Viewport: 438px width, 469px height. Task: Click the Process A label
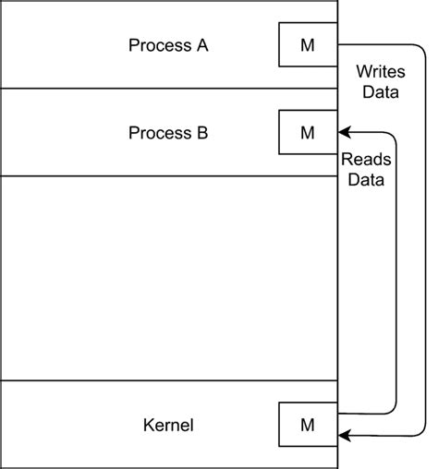point(167,44)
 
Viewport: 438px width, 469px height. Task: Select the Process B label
point(167,133)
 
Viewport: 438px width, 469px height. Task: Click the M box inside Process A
point(309,44)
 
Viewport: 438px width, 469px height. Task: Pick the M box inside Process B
point(309,132)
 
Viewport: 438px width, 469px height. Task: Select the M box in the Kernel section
point(309,425)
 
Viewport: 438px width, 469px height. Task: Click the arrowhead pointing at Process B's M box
point(346,132)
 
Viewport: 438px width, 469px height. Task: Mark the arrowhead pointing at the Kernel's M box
point(346,434)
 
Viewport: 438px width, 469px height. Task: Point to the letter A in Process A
point(201,44)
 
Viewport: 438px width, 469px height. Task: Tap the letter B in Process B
point(201,133)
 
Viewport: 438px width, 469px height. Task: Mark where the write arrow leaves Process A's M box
point(341,44)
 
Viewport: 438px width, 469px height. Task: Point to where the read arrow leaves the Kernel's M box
point(341,413)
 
